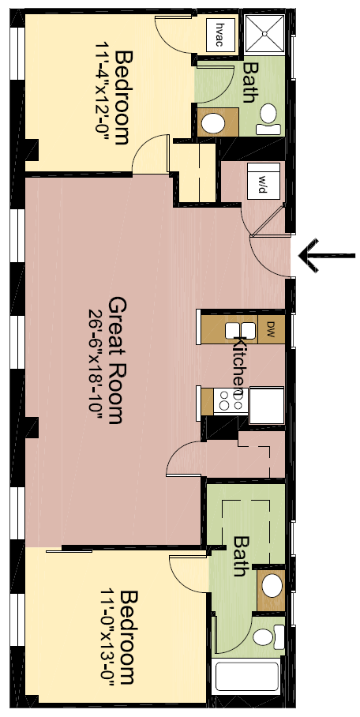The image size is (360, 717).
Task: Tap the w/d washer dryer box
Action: [260, 181]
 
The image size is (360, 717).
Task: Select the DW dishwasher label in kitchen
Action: [269, 327]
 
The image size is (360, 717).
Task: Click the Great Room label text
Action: [118, 360]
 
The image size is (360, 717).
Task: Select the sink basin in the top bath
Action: [213, 123]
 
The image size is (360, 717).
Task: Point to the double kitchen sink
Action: [240, 330]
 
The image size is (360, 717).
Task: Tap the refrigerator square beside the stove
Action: [266, 401]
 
